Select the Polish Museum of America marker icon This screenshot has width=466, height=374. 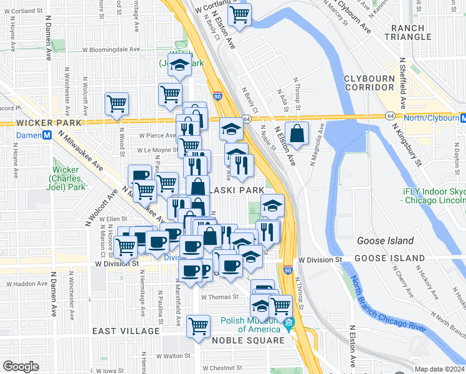288,325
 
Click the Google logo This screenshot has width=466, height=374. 21,367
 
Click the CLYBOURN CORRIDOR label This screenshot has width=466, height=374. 373,83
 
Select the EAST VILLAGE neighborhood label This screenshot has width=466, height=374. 126,331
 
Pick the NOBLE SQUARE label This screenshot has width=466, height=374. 249,340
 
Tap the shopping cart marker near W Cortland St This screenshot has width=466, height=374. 239,14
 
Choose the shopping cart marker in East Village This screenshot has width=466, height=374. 199,325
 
